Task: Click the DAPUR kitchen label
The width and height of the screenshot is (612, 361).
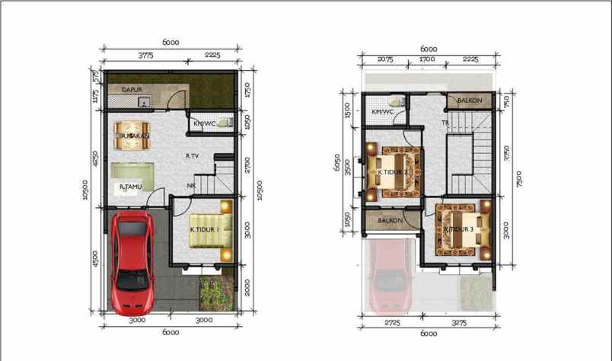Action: point(133,89)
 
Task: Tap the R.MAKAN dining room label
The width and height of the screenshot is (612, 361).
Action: point(135,136)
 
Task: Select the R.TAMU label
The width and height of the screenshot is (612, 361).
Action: point(132,186)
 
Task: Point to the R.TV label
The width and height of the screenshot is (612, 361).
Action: point(192,156)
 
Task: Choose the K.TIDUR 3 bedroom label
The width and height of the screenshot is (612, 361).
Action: point(459,229)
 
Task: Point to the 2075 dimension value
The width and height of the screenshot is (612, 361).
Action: point(384,59)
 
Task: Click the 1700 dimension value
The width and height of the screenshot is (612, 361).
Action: point(427,59)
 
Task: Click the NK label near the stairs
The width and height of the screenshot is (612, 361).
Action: point(191,185)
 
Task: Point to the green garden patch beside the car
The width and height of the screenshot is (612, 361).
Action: point(216,295)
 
